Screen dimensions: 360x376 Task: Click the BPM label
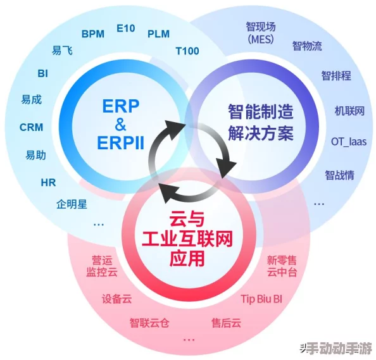click(92, 34)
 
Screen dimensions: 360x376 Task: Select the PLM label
click(158, 34)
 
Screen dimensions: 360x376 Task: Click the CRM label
click(31, 127)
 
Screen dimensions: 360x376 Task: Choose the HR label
click(48, 183)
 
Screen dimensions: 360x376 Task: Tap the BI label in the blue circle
click(43, 73)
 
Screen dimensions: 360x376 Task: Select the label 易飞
click(62, 51)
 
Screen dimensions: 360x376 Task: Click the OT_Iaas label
click(349, 142)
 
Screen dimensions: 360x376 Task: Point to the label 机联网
click(349, 111)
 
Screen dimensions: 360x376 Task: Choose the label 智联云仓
click(149, 323)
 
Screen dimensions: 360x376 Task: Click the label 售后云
click(227, 323)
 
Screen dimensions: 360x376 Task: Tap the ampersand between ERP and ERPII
click(121, 124)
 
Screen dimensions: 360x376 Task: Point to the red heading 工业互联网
click(187, 240)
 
